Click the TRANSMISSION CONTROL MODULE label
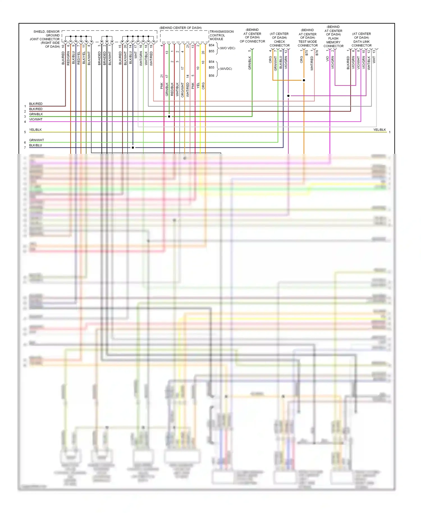[x=221, y=35]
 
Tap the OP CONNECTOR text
[x=252, y=41]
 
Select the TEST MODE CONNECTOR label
[x=308, y=43]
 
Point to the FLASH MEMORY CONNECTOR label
[x=333, y=42]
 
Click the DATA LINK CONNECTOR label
[x=361, y=43]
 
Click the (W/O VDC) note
[x=227, y=48]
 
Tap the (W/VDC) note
[x=226, y=69]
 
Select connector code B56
[x=211, y=76]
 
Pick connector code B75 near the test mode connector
[x=307, y=53]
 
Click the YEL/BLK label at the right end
[x=379, y=130]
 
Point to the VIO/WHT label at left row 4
[x=36, y=119]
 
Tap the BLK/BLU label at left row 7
[x=36, y=145]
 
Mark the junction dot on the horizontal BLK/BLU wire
[x=133, y=147]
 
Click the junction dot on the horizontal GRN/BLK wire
[x=169, y=116]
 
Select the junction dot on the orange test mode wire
[x=304, y=80]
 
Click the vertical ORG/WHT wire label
[x=182, y=90]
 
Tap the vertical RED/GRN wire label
[x=68, y=58]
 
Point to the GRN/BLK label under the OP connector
[x=250, y=63]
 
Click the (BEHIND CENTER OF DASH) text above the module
[x=180, y=28]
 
